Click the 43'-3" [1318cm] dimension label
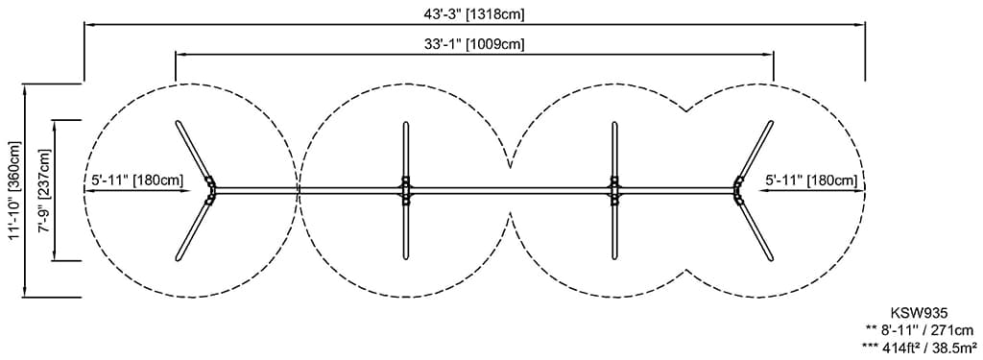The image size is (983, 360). click(x=474, y=14)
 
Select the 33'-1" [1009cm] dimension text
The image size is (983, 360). click(x=474, y=44)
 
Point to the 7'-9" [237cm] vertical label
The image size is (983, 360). click(x=44, y=190)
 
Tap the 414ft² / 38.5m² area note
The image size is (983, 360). click(x=919, y=347)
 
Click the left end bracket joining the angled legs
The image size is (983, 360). click(x=211, y=190)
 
